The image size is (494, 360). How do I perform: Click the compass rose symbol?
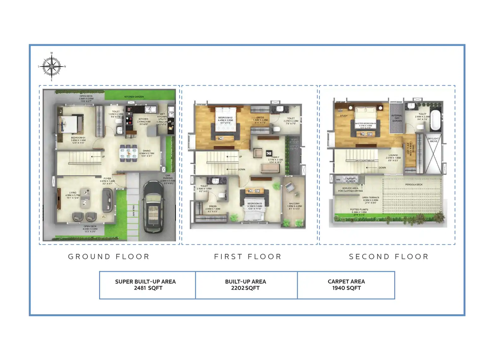[x=51, y=67]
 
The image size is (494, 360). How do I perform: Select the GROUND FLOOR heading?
[x=109, y=256]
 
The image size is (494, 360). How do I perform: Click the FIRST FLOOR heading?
[x=248, y=256]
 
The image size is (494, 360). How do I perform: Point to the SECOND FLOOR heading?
[x=389, y=256]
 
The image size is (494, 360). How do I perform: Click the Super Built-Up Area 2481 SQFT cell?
[x=147, y=285]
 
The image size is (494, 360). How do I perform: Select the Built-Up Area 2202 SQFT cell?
[x=246, y=285]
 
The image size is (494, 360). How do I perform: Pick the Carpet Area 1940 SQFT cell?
[x=346, y=285]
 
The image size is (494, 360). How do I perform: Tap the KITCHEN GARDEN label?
[x=134, y=97]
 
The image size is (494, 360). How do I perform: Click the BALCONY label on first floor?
[x=294, y=204]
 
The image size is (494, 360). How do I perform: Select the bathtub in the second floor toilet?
[x=435, y=120]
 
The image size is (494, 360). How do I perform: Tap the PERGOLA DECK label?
[x=414, y=184]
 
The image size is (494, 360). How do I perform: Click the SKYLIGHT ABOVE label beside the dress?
[x=433, y=140]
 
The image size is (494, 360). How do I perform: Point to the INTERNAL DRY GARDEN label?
[x=397, y=118]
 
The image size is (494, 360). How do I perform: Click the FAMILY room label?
[x=275, y=157]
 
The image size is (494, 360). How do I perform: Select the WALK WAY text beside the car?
[x=134, y=211]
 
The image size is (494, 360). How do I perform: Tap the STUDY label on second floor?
[x=344, y=116]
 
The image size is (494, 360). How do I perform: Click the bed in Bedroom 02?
[x=225, y=122]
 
